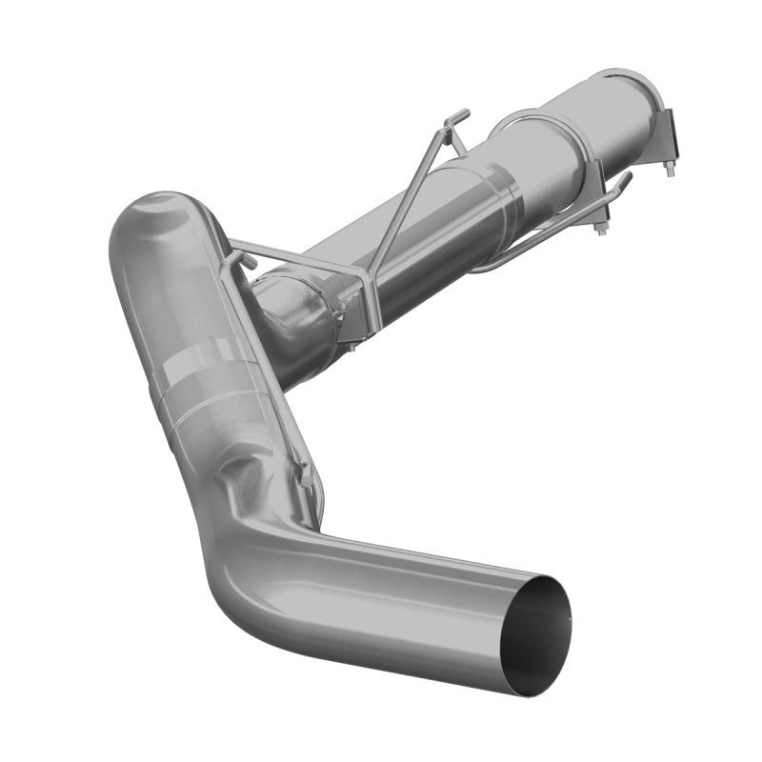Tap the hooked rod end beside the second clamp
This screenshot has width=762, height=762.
click(621, 180)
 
